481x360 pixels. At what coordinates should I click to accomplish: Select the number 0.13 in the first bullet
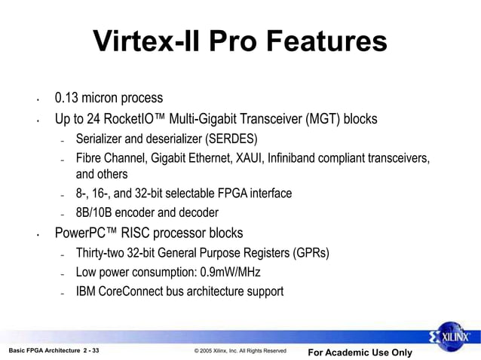point(67,99)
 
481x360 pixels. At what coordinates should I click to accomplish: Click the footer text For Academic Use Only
point(360,352)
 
